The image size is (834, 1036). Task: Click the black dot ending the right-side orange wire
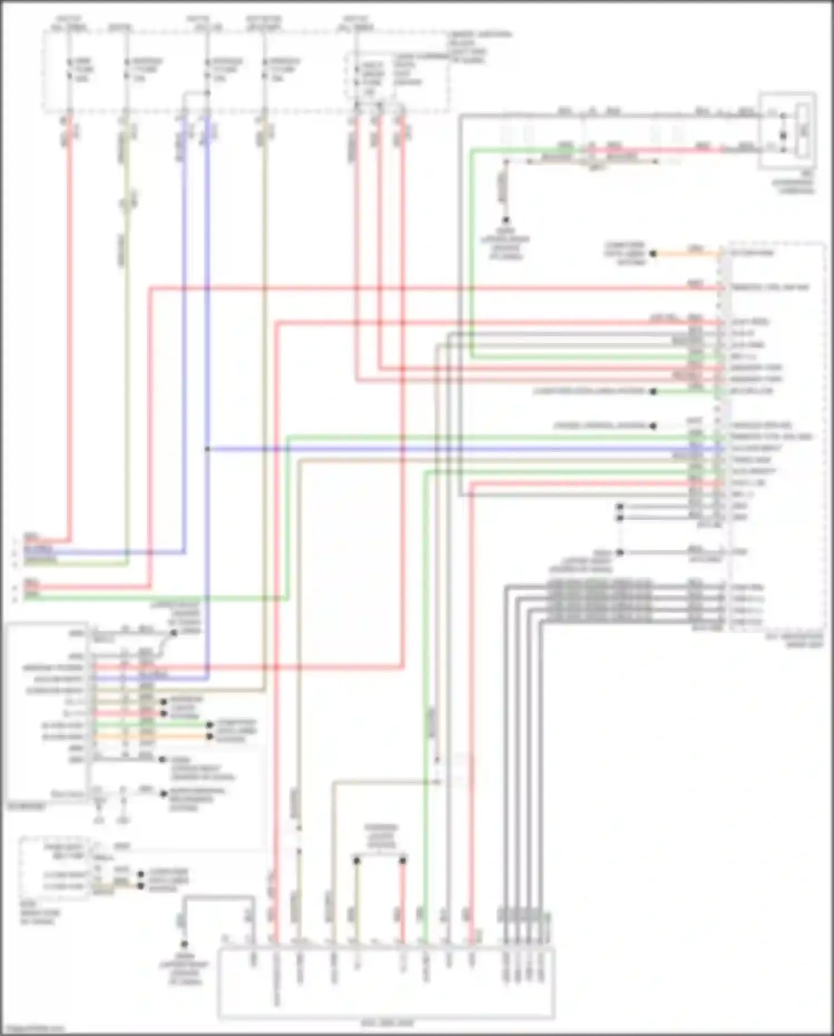[x=653, y=254]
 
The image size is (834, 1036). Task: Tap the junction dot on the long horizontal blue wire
[x=207, y=449]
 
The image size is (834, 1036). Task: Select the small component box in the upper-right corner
[x=788, y=130]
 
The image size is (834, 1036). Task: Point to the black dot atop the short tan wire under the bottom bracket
[x=357, y=861]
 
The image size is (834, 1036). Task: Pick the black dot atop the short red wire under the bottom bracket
[x=403, y=861]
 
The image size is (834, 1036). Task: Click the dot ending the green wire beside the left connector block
[x=210, y=725]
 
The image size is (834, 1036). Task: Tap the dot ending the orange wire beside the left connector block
[x=210, y=737]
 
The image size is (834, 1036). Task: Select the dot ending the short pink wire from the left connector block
[x=164, y=713]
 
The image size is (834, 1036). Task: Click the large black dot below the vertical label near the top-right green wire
[x=506, y=220]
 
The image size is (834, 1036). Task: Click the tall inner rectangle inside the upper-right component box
[x=803, y=130]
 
